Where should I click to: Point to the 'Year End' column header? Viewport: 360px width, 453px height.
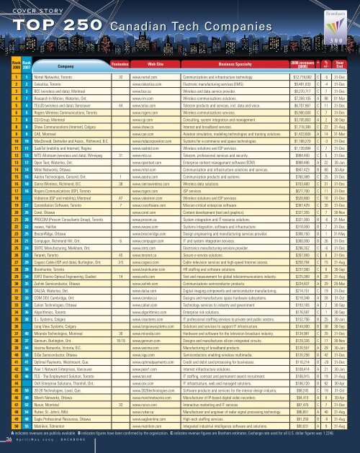344,84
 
